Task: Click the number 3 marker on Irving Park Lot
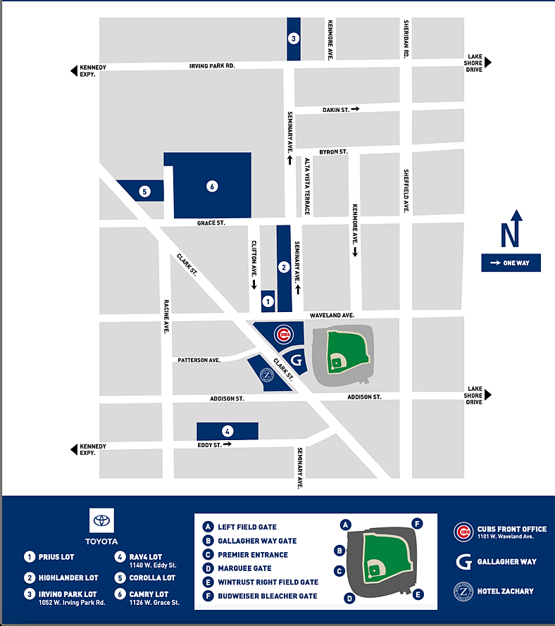click(x=294, y=39)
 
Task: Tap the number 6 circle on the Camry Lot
click(x=211, y=187)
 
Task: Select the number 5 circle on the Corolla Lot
click(x=144, y=191)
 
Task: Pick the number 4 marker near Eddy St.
click(x=227, y=431)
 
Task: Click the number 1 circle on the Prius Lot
click(x=268, y=301)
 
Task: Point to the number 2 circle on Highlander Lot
click(x=283, y=267)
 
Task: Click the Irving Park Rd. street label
click(x=211, y=66)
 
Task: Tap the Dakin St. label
click(x=336, y=109)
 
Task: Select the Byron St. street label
click(x=333, y=151)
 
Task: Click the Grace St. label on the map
click(x=211, y=223)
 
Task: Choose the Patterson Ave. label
click(x=199, y=360)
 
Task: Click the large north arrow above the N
click(x=516, y=216)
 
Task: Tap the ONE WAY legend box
click(x=511, y=263)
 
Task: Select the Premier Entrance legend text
click(x=252, y=555)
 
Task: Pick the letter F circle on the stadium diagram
click(x=418, y=523)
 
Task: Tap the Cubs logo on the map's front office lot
click(x=283, y=334)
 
